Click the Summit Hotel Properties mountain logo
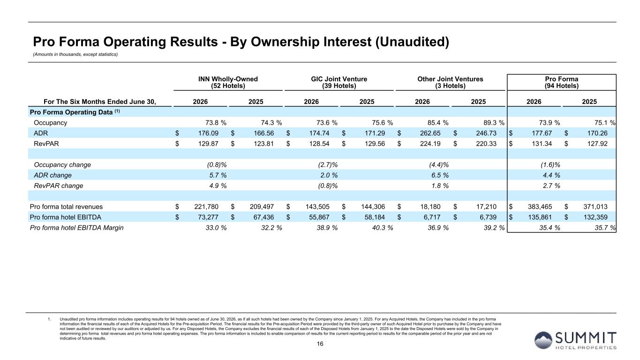click(x=543, y=340)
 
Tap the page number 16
click(x=320, y=344)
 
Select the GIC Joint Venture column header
click(x=339, y=82)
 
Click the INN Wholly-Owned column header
click(x=228, y=82)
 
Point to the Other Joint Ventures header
click(x=450, y=82)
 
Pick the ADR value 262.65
click(x=430, y=133)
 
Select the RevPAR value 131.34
click(x=542, y=144)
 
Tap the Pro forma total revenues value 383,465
click(x=540, y=207)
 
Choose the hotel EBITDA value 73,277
click(x=208, y=217)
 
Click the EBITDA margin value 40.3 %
click(x=383, y=228)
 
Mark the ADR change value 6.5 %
click(x=440, y=175)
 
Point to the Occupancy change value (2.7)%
click(x=328, y=165)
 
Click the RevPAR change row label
click(x=58, y=186)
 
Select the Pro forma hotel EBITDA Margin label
click(x=76, y=228)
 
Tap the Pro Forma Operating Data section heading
click(x=75, y=112)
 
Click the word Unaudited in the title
click(x=412, y=42)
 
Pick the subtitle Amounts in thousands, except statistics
click(x=75, y=54)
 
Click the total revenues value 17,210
click(x=486, y=207)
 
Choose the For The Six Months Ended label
click(x=100, y=102)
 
